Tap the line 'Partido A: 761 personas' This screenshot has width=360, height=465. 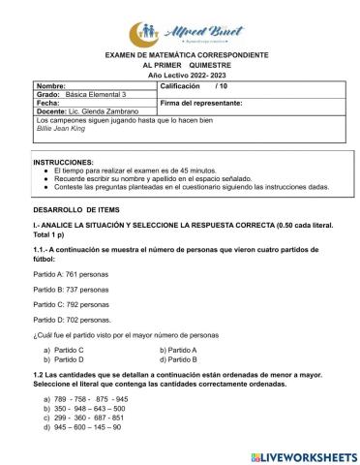point(72,274)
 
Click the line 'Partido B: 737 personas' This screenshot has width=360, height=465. point(72,289)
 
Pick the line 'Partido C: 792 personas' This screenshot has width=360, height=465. point(72,303)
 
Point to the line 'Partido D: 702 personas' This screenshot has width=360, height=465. point(73,318)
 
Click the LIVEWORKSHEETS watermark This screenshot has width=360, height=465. point(303,453)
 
